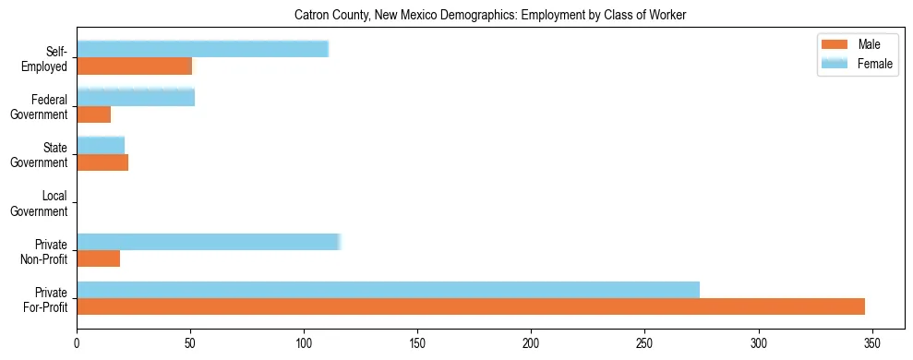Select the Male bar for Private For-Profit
[471, 306]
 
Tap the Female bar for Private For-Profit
[388, 289]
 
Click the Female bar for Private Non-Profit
[209, 242]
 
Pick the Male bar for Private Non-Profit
[98, 258]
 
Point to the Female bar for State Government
[101, 145]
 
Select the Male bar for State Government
[102, 162]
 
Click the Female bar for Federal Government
[136, 97]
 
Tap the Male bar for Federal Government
[93, 114]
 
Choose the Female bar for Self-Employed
[202, 49]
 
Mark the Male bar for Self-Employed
[134, 66]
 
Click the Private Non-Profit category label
[44, 251]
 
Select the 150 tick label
[417, 342]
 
